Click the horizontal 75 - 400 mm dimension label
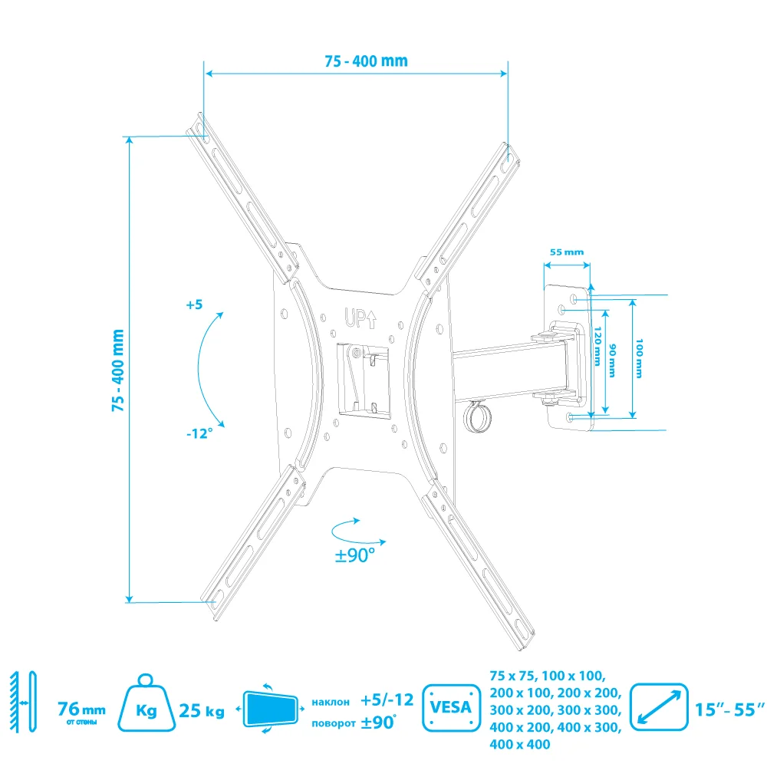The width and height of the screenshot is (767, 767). [355, 61]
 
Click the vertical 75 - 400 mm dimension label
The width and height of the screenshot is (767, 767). [117, 371]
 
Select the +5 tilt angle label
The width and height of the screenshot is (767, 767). [193, 304]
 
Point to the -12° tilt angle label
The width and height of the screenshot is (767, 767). [199, 433]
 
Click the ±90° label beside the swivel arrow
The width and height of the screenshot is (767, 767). [354, 554]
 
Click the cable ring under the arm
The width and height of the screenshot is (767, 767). [476, 418]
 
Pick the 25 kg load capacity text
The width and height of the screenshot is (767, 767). [202, 712]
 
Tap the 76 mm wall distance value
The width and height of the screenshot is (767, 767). [82, 709]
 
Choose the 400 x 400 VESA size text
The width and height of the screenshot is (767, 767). [520, 744]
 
